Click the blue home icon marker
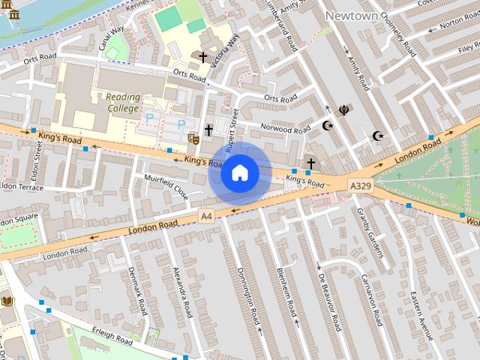click(x=240, y=173)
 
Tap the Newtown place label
click(x=351, y=15)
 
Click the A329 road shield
click(x=358, y=184)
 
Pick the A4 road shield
click(x=207, y=216)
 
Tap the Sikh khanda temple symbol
click(x=344, y=110)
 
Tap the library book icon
click(x=7, y=301)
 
